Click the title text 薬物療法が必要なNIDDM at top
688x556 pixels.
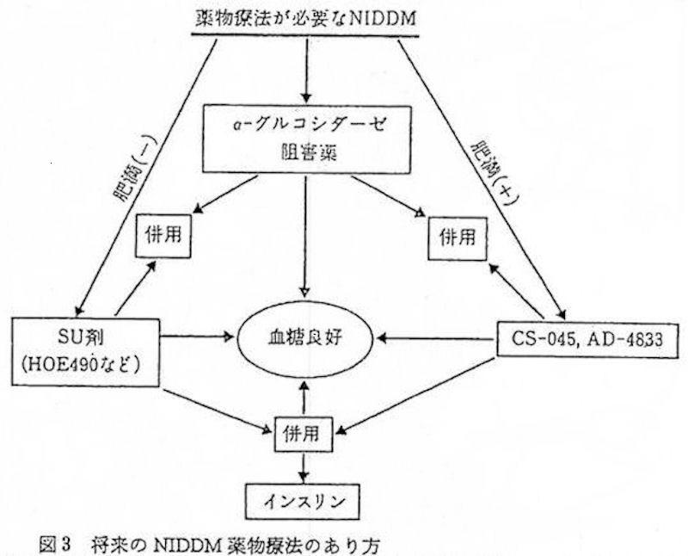[x=306, y=19]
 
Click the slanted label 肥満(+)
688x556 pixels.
[x=493, y=173]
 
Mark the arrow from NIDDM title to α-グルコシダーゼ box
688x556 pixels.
[x=306, y=71]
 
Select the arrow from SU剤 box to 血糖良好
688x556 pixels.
[x=199, y=337]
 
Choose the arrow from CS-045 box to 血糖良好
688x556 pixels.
[x=435, y=338]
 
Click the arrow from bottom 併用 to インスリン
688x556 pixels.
[x=304, y=467]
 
